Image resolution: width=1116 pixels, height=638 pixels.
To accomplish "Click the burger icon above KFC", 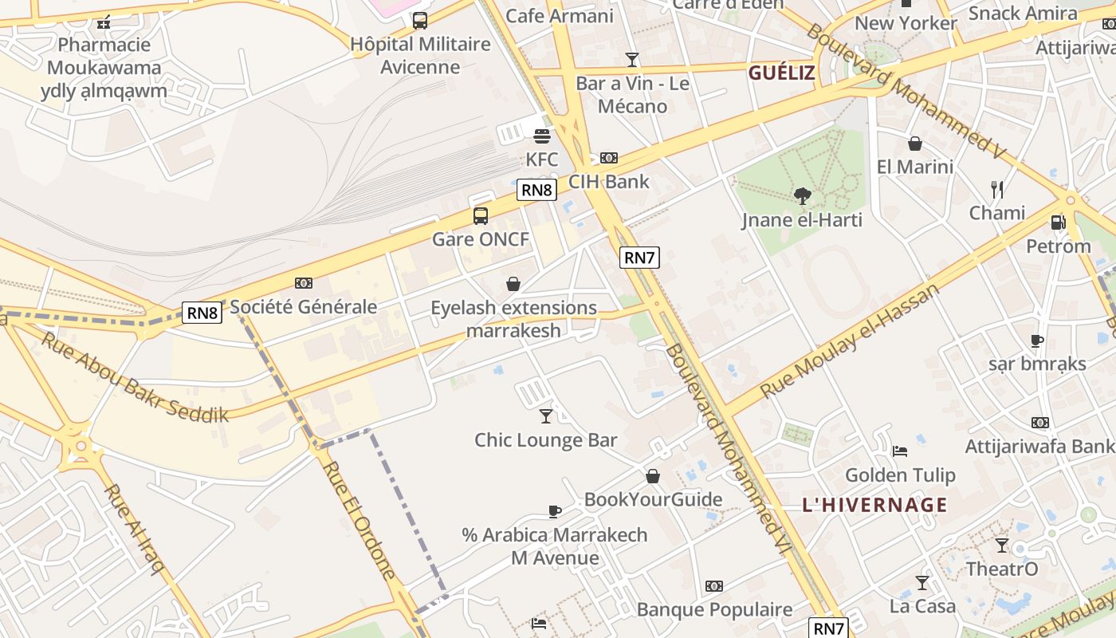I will tap(542, 136).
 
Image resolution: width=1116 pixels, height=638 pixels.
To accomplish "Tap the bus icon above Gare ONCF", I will tap(480, 215).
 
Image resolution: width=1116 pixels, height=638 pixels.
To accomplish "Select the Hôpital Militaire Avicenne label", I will tap(420, 55).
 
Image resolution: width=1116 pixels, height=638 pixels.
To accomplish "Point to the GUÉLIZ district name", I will tap(781, 73).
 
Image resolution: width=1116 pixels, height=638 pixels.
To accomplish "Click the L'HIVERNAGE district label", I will tap(874, 504).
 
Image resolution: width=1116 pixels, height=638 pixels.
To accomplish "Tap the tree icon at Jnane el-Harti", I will tap(802, 195).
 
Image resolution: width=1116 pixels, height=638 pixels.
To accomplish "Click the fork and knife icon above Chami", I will tap(996, 189).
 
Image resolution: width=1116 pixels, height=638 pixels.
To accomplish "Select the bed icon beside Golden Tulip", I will tap(899, 451).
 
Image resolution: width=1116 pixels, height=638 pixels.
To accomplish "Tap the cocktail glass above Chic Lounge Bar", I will tap(545, 415).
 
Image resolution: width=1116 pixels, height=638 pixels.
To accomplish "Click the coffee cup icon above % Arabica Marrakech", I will tap(555, 511).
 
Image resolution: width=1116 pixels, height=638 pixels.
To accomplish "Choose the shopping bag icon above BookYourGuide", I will tap(653, 476).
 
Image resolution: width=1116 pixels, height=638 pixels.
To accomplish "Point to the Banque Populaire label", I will tap(714, 610).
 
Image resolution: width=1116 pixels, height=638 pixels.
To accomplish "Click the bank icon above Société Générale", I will tap(303, 283).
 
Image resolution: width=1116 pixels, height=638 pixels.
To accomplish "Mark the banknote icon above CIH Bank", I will tap(609, 158).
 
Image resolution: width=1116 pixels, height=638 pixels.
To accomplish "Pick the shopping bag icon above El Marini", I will tap(915, 144).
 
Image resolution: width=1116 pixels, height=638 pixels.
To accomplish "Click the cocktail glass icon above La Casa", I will tap(922, 583).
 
